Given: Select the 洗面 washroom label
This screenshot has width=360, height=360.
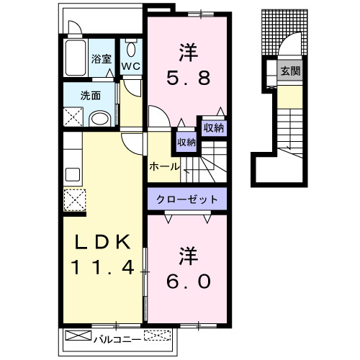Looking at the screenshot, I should pyautogui.click(x=90, y=94).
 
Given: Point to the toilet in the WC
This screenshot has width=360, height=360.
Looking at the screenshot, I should pyautogui.click(x=130, y=50).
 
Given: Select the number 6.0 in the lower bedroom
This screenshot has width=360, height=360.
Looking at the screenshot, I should pyautogui.click(x=188, y=281).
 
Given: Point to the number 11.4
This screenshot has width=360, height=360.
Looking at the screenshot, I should pyautogui.click(x=102, y=269).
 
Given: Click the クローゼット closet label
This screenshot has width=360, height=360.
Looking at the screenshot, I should pyautogui.click(x=188, y=197).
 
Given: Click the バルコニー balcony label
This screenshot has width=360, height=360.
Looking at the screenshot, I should pyautogui.click(x=117, y=336).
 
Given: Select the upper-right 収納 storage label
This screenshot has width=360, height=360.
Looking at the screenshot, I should pyautogui.click(x=213, y=127).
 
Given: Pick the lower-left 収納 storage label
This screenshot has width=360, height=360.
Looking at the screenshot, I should pyautogui.click(x=186, y=142).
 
